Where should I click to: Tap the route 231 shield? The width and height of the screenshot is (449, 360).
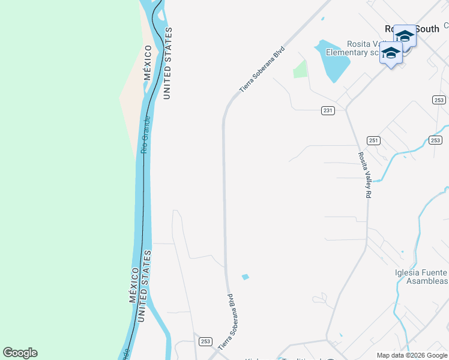[327, 110]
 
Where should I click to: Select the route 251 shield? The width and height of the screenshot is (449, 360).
[373, 140]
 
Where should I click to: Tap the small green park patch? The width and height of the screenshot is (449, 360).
[300, 70]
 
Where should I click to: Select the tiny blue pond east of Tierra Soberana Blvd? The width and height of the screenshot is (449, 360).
[245, 277]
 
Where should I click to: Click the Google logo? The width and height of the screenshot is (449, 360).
[20, 353]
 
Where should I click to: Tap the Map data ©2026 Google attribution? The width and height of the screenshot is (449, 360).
[412, 355]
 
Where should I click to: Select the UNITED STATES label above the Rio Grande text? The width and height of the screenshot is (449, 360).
[167, 63]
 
